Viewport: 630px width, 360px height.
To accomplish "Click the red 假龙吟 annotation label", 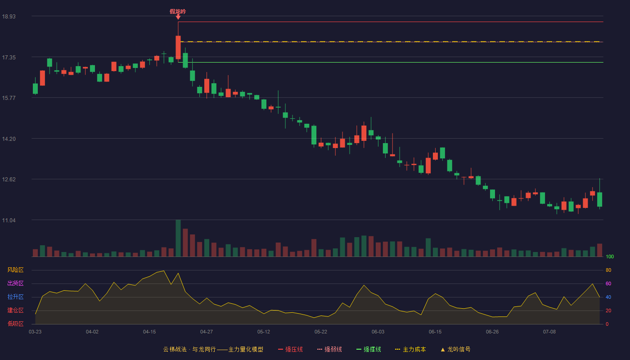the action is coord(178,12).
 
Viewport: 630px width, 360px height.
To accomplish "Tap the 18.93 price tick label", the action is coord(9,17).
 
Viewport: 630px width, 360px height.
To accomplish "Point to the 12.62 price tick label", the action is coord(9,180).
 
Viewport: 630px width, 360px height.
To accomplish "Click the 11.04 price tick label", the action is coord(9,220).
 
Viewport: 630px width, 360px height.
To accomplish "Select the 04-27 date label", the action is coord(207,332).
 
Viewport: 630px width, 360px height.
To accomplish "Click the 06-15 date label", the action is coord(435,332).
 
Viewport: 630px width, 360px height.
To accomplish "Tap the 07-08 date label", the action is coord(549,332).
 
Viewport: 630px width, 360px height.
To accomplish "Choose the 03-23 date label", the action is coord(35,332).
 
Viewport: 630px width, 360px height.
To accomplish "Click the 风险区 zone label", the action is coord(15,270).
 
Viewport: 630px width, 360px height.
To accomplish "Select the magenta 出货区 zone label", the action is coord(15,283).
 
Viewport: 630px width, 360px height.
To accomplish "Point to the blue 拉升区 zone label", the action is coord(15,297).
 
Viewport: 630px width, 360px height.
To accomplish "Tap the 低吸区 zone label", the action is coord(15,324).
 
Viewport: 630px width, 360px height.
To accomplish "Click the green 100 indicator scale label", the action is coord(610,256).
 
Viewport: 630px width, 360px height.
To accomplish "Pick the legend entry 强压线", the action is coord(290,349).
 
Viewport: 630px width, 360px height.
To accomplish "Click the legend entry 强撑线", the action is coord(369,349).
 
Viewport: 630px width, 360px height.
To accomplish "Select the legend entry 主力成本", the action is coord(410,349).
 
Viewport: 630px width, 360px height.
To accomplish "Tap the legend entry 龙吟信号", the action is coord(455,349).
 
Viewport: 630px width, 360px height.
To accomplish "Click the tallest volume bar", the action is coord(178,238).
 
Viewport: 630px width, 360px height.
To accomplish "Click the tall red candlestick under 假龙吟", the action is coord(178,47).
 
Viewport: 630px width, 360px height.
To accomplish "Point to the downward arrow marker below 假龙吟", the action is coord(178,17).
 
